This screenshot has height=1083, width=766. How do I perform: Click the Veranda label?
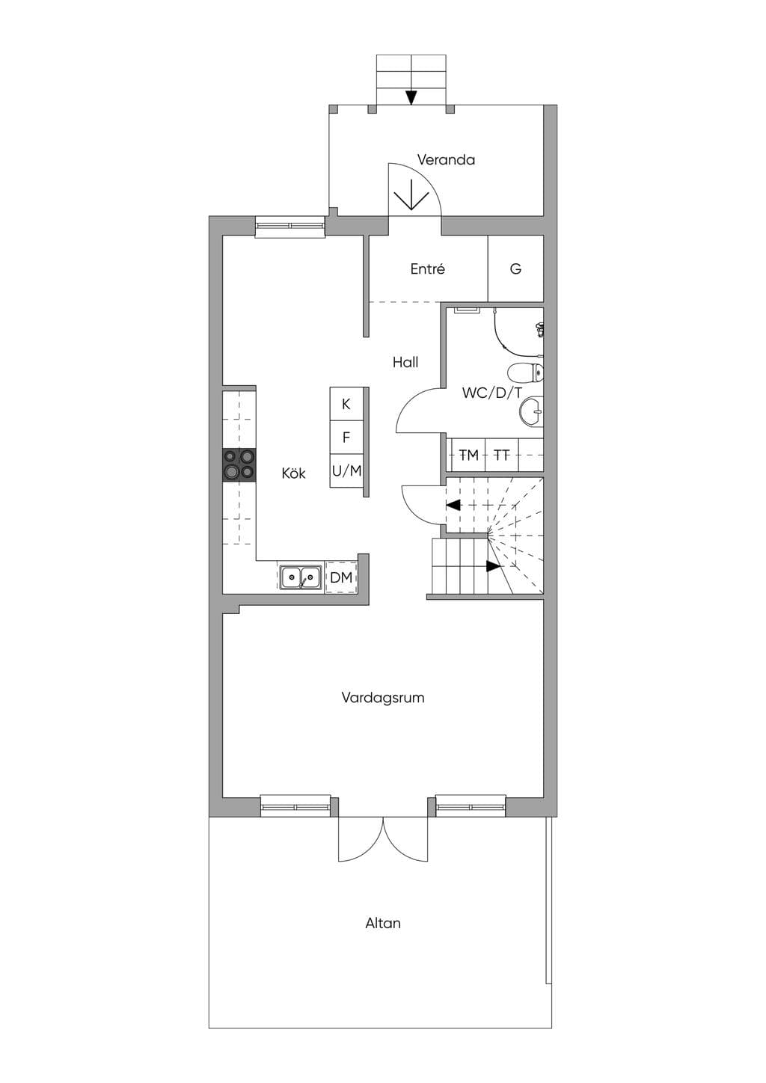pyautogui.click(x=446, y=159)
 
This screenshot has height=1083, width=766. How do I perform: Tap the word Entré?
pyautogui.click(x=427, y=269)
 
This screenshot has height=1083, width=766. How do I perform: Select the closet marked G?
pyautogui.click(x=515, y=269)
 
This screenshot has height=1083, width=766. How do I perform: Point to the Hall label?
pyautogui.click(x=405, y=362)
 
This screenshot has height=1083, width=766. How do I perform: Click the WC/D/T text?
pyautogui.click(x=491, y=393)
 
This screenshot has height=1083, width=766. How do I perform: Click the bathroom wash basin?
pyautogui.click(x=531, y=412)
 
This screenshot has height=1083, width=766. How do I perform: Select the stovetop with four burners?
pyautogui.click(x=239, y=465)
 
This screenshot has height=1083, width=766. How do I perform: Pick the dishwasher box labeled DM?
pyautogui.click(x=341, y=577)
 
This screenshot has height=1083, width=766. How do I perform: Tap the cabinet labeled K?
pyautogui.click(x=346, y=404)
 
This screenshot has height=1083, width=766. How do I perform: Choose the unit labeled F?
pyautogui.click(x=346, y=437)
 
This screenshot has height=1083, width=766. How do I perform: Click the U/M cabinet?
pyautogui.click(x=346, y=470)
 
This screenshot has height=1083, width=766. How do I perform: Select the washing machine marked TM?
pyautogui.click(x=468, y=455)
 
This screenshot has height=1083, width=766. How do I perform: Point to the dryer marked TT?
pyautogui.click(x=502, y=455)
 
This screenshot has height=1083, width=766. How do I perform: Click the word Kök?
pyautogui.click(x=293, y=473)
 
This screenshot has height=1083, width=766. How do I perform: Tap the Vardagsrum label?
pyautogui.click(x=383, y=698)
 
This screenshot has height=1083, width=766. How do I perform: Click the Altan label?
pyautogui.click(x=383, y=923)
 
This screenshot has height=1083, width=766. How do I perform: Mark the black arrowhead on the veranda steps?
pyautogui.click(x=411, y=98)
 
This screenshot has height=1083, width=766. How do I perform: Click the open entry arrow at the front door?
pyautogui.click(x=411, y=195)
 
